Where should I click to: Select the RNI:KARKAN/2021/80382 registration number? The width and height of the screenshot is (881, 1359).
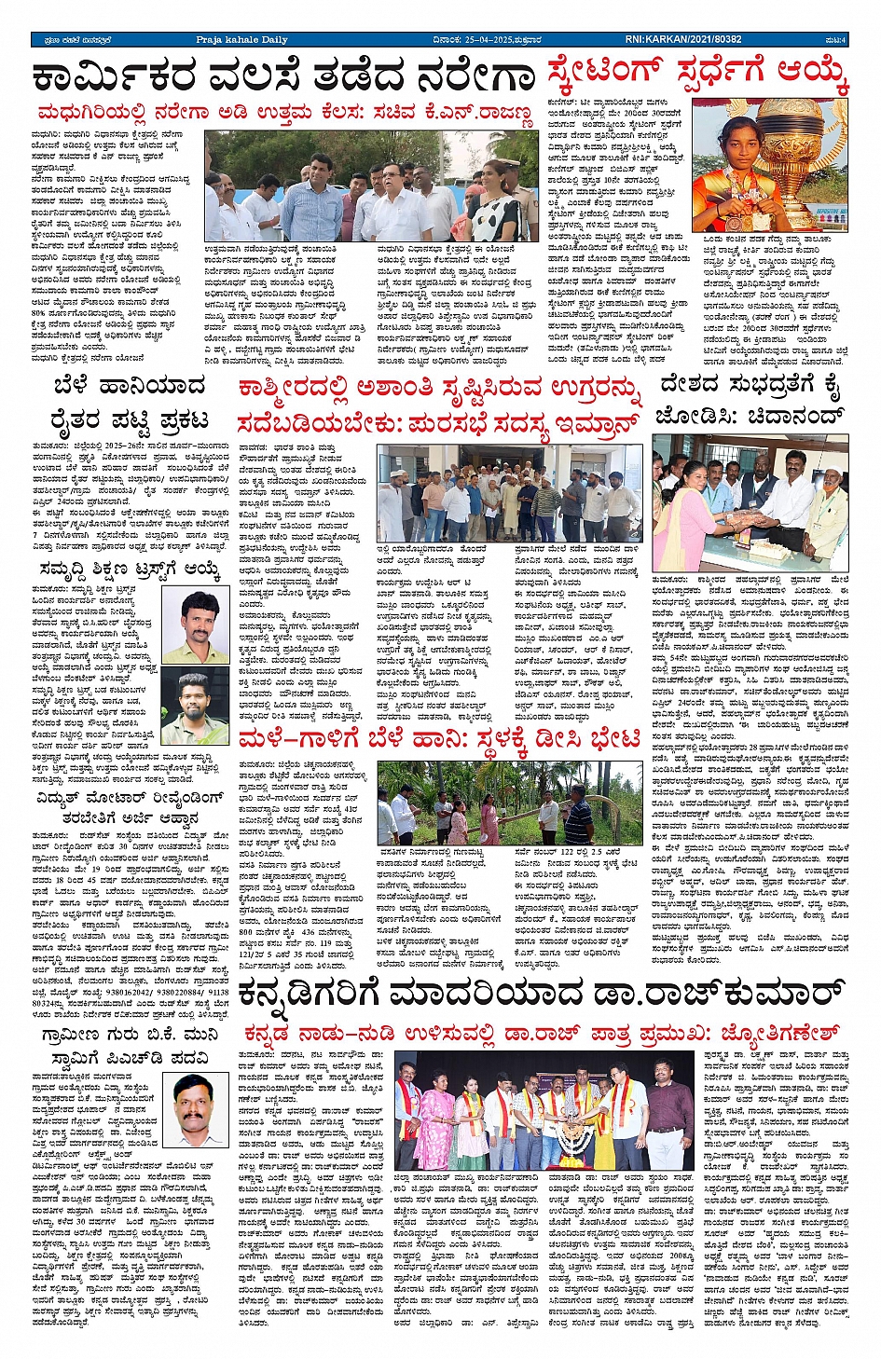[x=682, y=39]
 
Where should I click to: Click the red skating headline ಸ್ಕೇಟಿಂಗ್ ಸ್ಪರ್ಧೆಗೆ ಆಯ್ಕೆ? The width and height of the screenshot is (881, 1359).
[x=697, y=71]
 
